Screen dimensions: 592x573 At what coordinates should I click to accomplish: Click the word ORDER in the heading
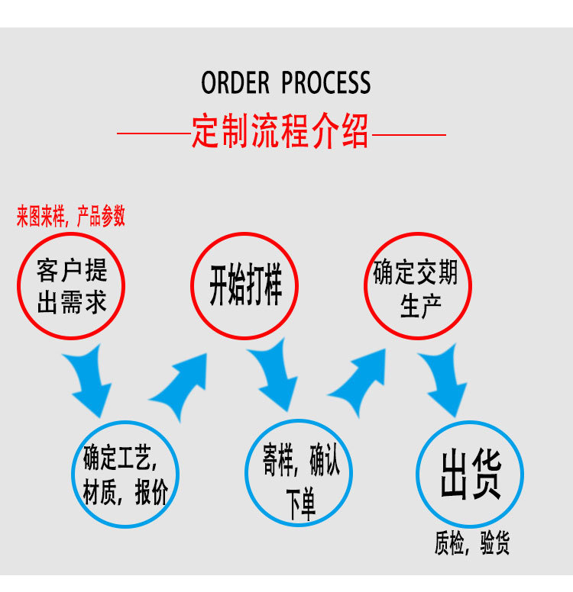pos(235,83)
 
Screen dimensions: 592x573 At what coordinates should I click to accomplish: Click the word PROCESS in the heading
pos(326,83)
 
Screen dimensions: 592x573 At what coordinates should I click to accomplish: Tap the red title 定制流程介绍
pos(280,132)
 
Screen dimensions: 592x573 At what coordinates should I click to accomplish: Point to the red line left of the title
pos(153,134)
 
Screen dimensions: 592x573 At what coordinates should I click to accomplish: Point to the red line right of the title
pos(409,134)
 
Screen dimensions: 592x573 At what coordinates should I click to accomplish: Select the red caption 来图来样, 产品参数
pos(71,217)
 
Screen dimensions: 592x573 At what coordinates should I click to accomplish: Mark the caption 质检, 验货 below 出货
pos(471,543)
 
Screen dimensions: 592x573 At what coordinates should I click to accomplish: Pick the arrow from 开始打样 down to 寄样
pos(274,376)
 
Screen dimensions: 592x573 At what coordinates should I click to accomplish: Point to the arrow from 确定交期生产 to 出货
pos(446,379)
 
